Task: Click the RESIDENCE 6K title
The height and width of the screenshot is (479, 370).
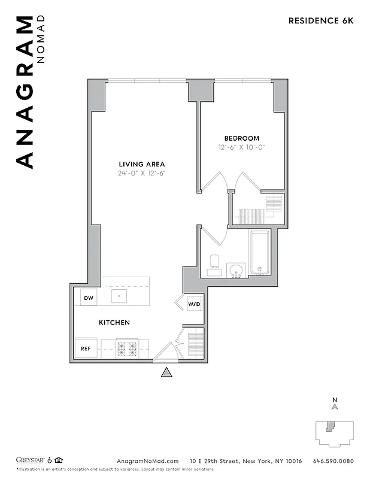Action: click(321, 20)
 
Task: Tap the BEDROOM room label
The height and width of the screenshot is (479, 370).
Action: click(241, 138)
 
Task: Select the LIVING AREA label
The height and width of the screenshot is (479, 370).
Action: click(141, 164)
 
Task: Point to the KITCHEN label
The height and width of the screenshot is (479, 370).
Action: click(114, 323)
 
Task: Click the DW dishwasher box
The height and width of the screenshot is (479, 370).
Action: click(88, 297)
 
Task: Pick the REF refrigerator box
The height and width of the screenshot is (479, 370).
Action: click(85, 348)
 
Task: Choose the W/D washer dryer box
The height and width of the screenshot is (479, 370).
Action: click(195, 304)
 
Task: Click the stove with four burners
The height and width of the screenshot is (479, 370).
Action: click(127, 348)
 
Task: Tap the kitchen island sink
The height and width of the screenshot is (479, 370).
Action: click(119, 296)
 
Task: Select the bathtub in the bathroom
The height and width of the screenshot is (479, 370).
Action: click(259, 252)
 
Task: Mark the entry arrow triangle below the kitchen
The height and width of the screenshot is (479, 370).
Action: click(167, 372)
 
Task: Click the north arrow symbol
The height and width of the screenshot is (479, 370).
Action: click(335, 405)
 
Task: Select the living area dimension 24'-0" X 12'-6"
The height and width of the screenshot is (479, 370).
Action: click(141, 173)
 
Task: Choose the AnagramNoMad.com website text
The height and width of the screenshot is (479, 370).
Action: click(147, 461)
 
